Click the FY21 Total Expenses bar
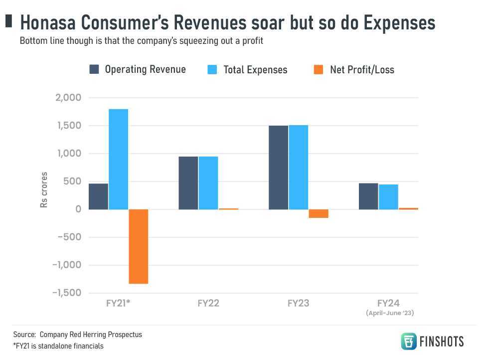(119, 159)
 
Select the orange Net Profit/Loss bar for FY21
(139, 246)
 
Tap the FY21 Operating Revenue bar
(99, 196)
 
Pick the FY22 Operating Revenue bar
(188, 183)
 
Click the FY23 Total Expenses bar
(299, 167)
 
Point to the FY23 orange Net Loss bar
(319, 213)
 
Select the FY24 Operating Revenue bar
(368, 196)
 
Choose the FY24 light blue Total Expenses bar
(388, 197)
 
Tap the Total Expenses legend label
(255, 70)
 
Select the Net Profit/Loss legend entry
(362, 70)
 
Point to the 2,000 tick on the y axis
(68, 98)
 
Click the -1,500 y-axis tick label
(66, 293)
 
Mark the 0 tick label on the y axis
(78, 209)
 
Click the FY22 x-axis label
(208, 303)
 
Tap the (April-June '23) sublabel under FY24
(390, 313)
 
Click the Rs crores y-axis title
(44, 190)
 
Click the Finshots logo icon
(409, 341)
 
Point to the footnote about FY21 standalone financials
(58, 346)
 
